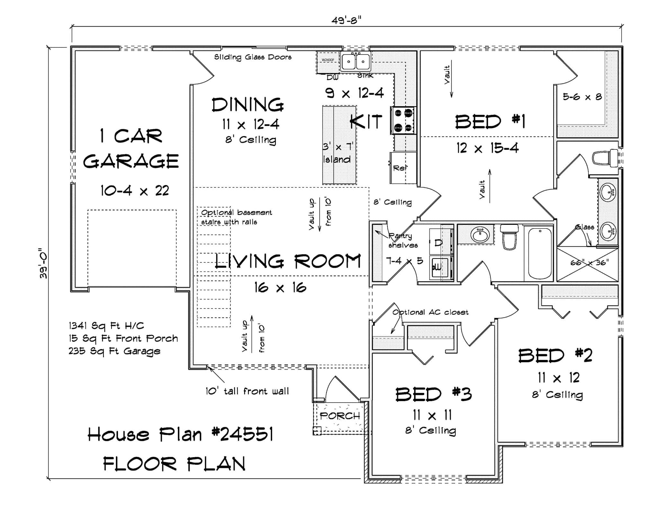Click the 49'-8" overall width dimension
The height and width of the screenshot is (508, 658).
346,21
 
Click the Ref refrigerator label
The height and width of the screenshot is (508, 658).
400,168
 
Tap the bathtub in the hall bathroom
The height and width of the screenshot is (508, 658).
540,254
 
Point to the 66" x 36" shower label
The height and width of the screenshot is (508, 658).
590,263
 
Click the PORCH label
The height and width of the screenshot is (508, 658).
340,416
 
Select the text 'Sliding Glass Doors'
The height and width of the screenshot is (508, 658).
253,57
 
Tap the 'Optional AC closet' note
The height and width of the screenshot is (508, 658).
430,312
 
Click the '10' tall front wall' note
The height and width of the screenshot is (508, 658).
247,391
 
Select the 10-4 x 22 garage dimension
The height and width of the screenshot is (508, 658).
135,191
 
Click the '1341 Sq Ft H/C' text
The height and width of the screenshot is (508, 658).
106,326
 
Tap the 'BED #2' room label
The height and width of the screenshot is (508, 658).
555,356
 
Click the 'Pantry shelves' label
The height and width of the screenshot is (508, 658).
402,241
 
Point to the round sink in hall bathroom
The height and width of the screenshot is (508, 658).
480,234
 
